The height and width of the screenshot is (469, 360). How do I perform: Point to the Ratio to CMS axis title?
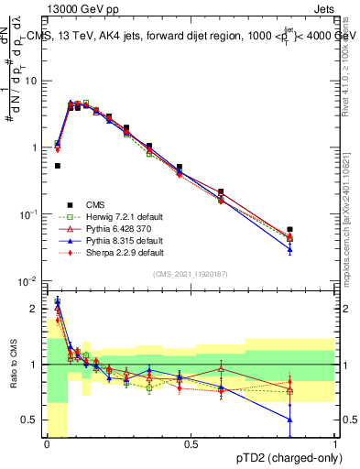point(15,365)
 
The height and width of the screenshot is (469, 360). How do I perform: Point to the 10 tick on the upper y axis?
point(35,81)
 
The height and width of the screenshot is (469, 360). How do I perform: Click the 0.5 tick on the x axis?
point(191,445)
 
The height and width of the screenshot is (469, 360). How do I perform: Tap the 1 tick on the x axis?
point(335,445)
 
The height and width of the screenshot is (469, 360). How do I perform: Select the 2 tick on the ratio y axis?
point(38,309)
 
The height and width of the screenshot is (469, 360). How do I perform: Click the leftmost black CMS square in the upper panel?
point(58,166)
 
